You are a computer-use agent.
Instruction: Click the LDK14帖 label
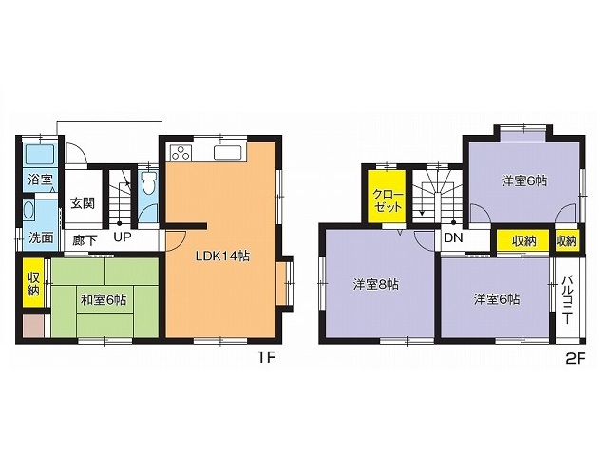point(222,256)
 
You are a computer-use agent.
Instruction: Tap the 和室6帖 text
point(104,300)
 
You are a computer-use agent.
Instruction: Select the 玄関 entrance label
point(83,203)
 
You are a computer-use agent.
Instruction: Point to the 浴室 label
point(40,180)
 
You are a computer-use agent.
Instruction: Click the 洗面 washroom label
point(41,237)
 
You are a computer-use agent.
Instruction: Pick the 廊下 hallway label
point(85,240)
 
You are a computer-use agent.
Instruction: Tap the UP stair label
point(123,237)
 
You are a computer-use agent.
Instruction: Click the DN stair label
point(453,237)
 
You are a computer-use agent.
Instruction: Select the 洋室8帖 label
point(376,285)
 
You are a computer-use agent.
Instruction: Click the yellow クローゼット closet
point(387,197)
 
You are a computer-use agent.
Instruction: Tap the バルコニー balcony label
point(567,300)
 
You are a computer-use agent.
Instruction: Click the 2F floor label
point(575,359)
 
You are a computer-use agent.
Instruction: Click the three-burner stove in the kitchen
point(180,152)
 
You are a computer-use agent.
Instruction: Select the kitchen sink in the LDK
point(228,152)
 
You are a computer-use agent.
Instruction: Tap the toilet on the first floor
point(148,183)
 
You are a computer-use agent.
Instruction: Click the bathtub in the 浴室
point(40,154)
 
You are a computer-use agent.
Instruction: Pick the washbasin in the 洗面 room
point(28,211)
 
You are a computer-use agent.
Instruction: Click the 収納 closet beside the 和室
point(33,283)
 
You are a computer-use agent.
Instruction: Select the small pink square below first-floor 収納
point(33,326)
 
